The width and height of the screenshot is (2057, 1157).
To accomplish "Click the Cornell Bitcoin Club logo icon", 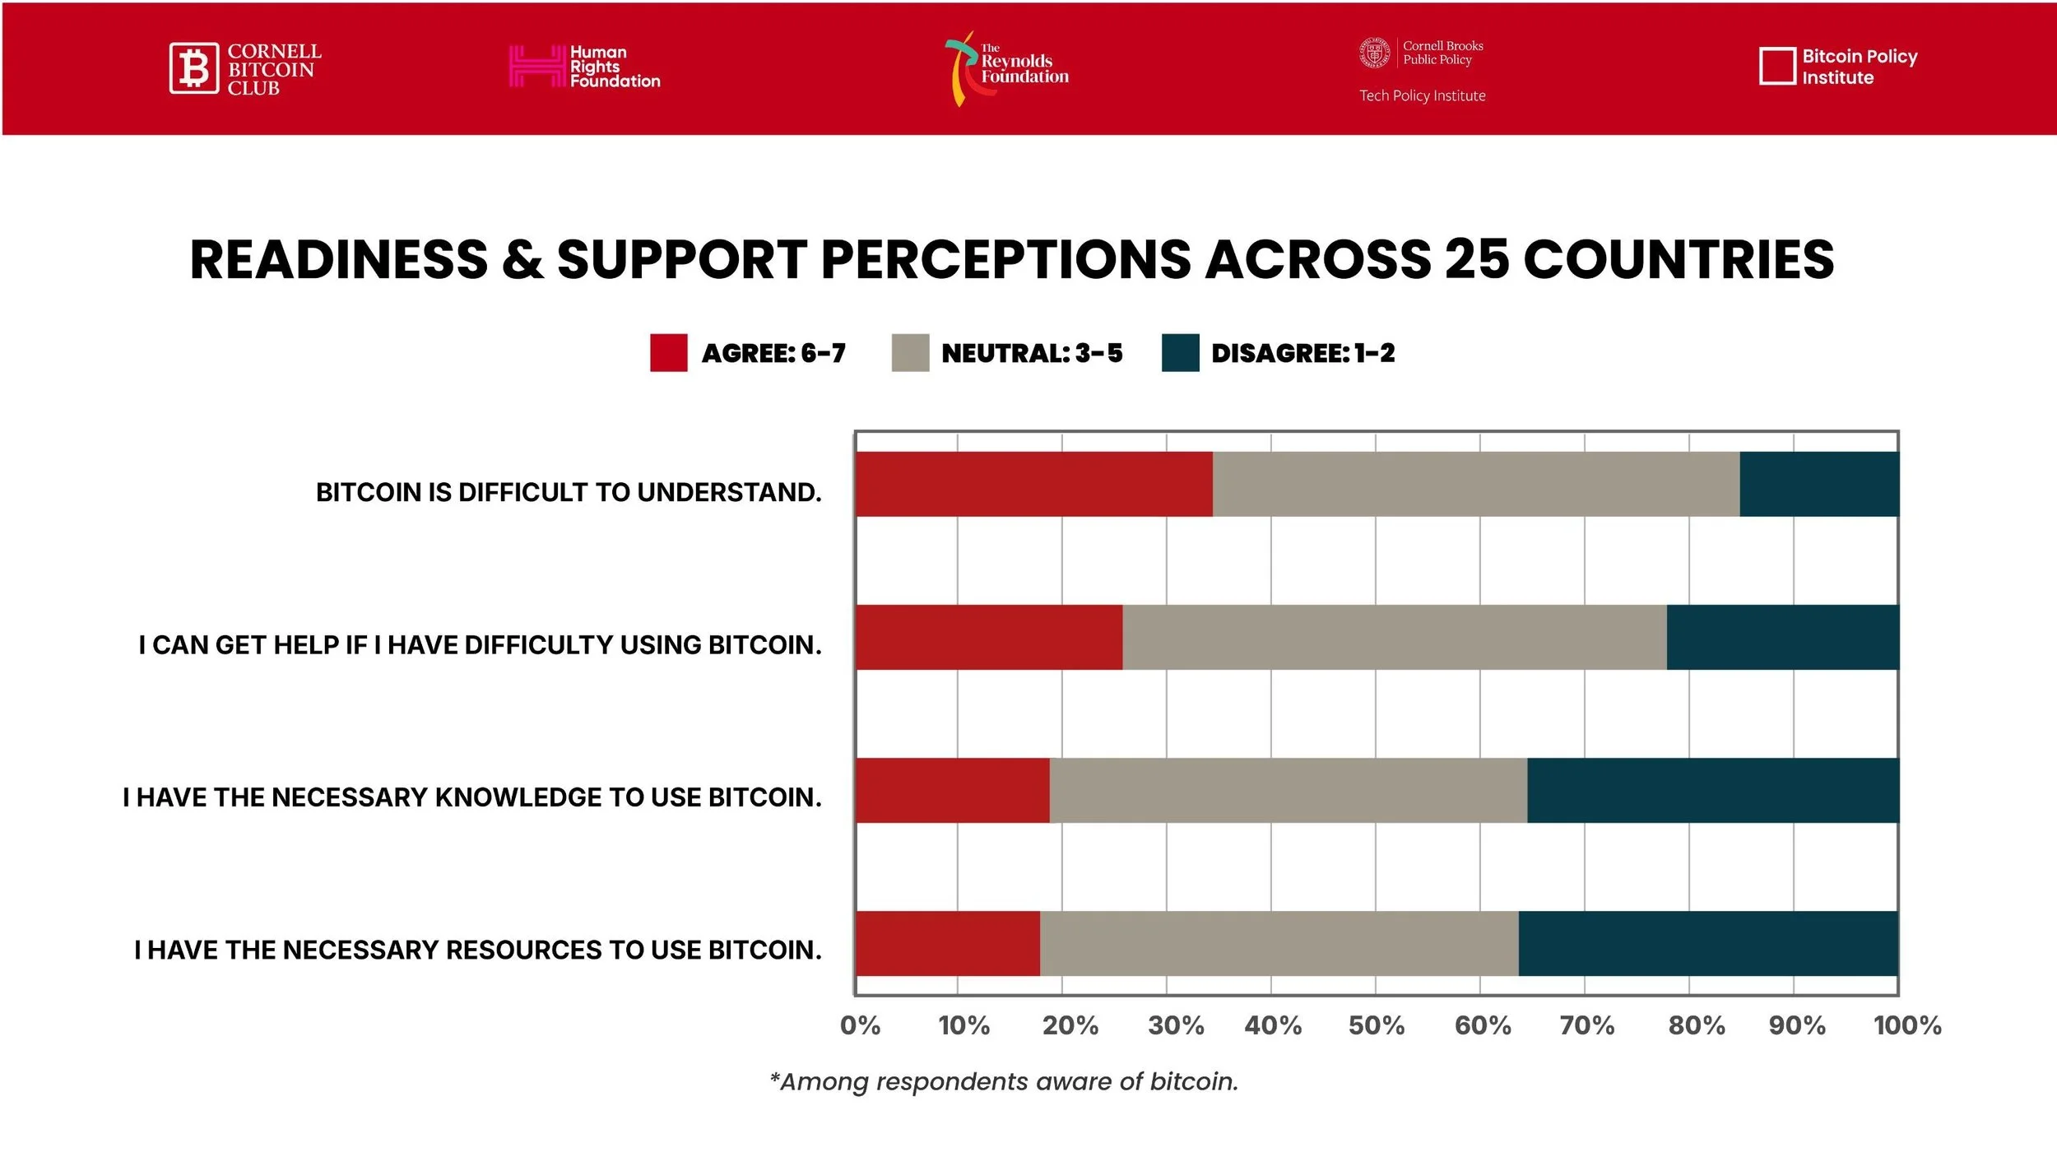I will pos(194,68).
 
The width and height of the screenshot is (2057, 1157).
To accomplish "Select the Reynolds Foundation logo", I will pos(1006,68).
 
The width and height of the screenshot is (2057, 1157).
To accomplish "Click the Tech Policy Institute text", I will pos(1422,96).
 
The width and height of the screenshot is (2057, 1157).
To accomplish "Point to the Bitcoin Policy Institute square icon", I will pos(1776,67).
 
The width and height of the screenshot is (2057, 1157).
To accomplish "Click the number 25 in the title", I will pos(1477,260).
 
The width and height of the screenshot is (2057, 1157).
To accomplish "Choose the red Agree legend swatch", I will pos(668,353).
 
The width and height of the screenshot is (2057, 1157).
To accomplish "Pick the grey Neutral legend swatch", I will pos(910,353).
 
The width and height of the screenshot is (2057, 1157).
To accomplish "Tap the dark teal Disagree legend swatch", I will pos(1180,353).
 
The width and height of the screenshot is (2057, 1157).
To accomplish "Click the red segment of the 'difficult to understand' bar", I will pos(1033,484).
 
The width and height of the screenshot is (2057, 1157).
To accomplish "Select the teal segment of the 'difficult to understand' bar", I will pos(1819,484).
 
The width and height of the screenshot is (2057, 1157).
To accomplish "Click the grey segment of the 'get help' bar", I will pos(1394,637).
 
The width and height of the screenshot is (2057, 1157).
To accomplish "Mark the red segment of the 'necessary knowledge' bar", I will pos(952,790).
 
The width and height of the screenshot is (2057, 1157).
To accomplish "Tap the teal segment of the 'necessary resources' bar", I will pos(1708,943).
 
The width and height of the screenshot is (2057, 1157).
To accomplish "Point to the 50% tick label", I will pos(1376,1025).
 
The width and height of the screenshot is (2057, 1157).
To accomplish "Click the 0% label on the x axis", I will pos(860,1025).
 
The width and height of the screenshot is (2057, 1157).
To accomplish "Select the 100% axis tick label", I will pos(1907,1025).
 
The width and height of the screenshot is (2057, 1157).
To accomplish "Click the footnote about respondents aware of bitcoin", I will pos(1004,1081).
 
